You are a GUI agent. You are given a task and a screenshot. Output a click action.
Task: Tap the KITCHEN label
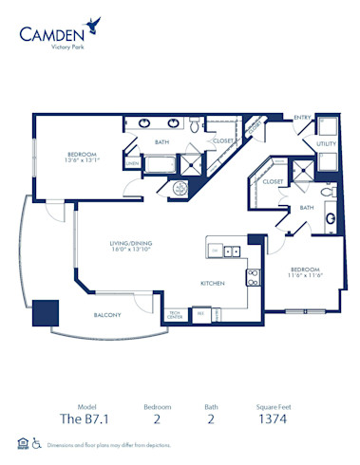click(x=212, y=283)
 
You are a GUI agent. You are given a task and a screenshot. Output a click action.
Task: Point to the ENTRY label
click(x=303, y=117)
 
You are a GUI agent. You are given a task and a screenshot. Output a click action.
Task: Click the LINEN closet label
click(x=132, y=162)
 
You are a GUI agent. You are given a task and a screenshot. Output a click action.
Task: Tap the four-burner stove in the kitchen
click(x=253, y=278)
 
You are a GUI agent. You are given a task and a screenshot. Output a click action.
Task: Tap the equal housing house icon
click(x=20, y=441)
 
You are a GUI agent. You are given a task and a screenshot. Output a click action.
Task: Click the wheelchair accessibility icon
click(x=36, y=441)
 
